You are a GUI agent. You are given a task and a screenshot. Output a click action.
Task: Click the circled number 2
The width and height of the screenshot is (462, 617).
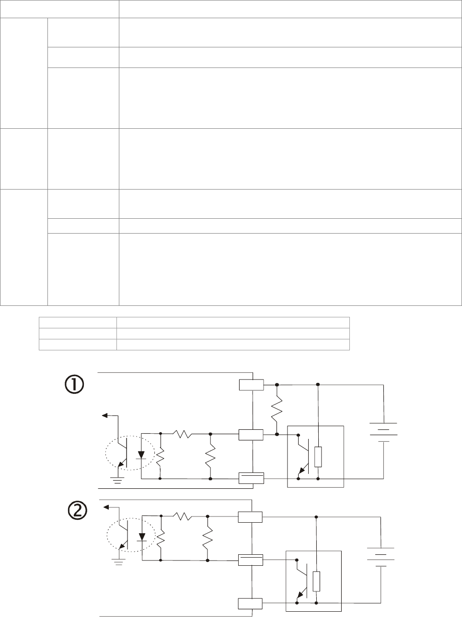[77, 511]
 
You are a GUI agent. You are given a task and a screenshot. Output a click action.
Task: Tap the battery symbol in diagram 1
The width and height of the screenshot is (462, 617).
[383, 432]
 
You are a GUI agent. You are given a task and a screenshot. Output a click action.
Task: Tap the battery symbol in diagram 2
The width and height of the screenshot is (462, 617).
[381, 557]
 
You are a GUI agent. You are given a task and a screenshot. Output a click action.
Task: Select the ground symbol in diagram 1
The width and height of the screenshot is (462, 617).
[117, 480]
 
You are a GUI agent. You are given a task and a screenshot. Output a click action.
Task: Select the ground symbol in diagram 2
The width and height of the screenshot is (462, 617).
[118, 561]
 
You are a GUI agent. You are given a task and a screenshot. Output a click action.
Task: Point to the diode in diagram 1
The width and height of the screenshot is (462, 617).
[142, 454]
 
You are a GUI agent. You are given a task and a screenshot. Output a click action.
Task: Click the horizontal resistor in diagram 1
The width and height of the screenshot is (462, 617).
[182, 434]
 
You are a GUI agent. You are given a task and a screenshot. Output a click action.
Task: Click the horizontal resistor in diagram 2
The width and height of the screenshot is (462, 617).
[182, 516]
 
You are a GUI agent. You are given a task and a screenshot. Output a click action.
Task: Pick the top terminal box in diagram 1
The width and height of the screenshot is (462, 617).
[251, 384]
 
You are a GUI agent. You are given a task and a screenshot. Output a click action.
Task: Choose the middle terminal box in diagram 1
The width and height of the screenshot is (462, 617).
[251, 435]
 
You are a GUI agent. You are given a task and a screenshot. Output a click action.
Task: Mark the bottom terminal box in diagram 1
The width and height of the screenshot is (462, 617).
[251, 478]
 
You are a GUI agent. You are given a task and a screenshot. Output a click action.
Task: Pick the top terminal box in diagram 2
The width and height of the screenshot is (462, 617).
[250, 517]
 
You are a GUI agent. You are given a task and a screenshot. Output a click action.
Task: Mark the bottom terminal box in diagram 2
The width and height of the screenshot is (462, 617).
[250, 603]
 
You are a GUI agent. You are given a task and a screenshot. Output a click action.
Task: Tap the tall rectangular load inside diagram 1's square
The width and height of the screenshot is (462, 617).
[318, 456]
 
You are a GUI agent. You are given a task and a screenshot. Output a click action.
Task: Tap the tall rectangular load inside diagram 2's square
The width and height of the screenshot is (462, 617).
[316, 581]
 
